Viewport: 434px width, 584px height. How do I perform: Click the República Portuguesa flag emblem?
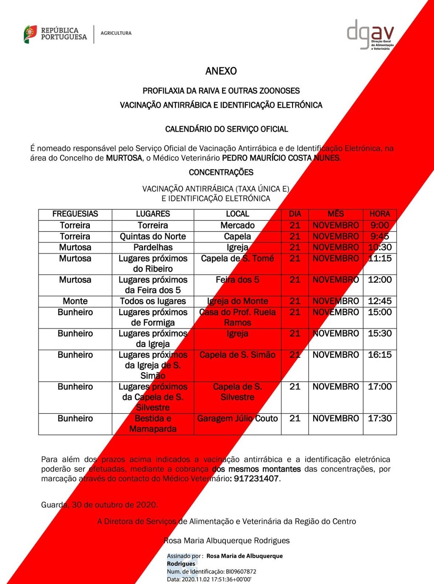click(30, 34)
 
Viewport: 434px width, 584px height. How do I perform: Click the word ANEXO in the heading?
click(221, 71)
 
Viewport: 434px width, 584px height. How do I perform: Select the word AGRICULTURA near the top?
click(116, 33)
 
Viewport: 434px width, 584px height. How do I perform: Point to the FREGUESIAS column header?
click(75, 214)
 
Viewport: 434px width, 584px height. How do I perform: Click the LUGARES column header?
click(153, 214)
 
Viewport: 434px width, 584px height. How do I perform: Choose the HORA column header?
click(379, 214)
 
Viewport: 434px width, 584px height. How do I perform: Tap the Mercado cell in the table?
click(237, 225)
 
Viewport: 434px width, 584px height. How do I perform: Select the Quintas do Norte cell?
click(153, 236)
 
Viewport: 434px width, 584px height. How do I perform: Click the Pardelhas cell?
click(153, 248)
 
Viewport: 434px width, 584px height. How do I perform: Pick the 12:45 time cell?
click(379, 301)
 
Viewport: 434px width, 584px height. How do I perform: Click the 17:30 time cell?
click(379, 419)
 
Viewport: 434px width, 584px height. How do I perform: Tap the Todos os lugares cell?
click(153, 301)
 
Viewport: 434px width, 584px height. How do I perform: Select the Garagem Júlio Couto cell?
click(237, 419)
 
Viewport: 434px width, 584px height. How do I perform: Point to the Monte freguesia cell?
click(75, 301)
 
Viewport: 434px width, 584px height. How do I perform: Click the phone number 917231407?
click(256, 479)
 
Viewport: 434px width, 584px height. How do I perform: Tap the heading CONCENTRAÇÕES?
click(221, 172)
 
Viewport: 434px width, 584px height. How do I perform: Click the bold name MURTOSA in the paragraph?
click(124, 158)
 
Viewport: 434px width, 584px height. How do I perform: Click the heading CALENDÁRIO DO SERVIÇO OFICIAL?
click(226, 129)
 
